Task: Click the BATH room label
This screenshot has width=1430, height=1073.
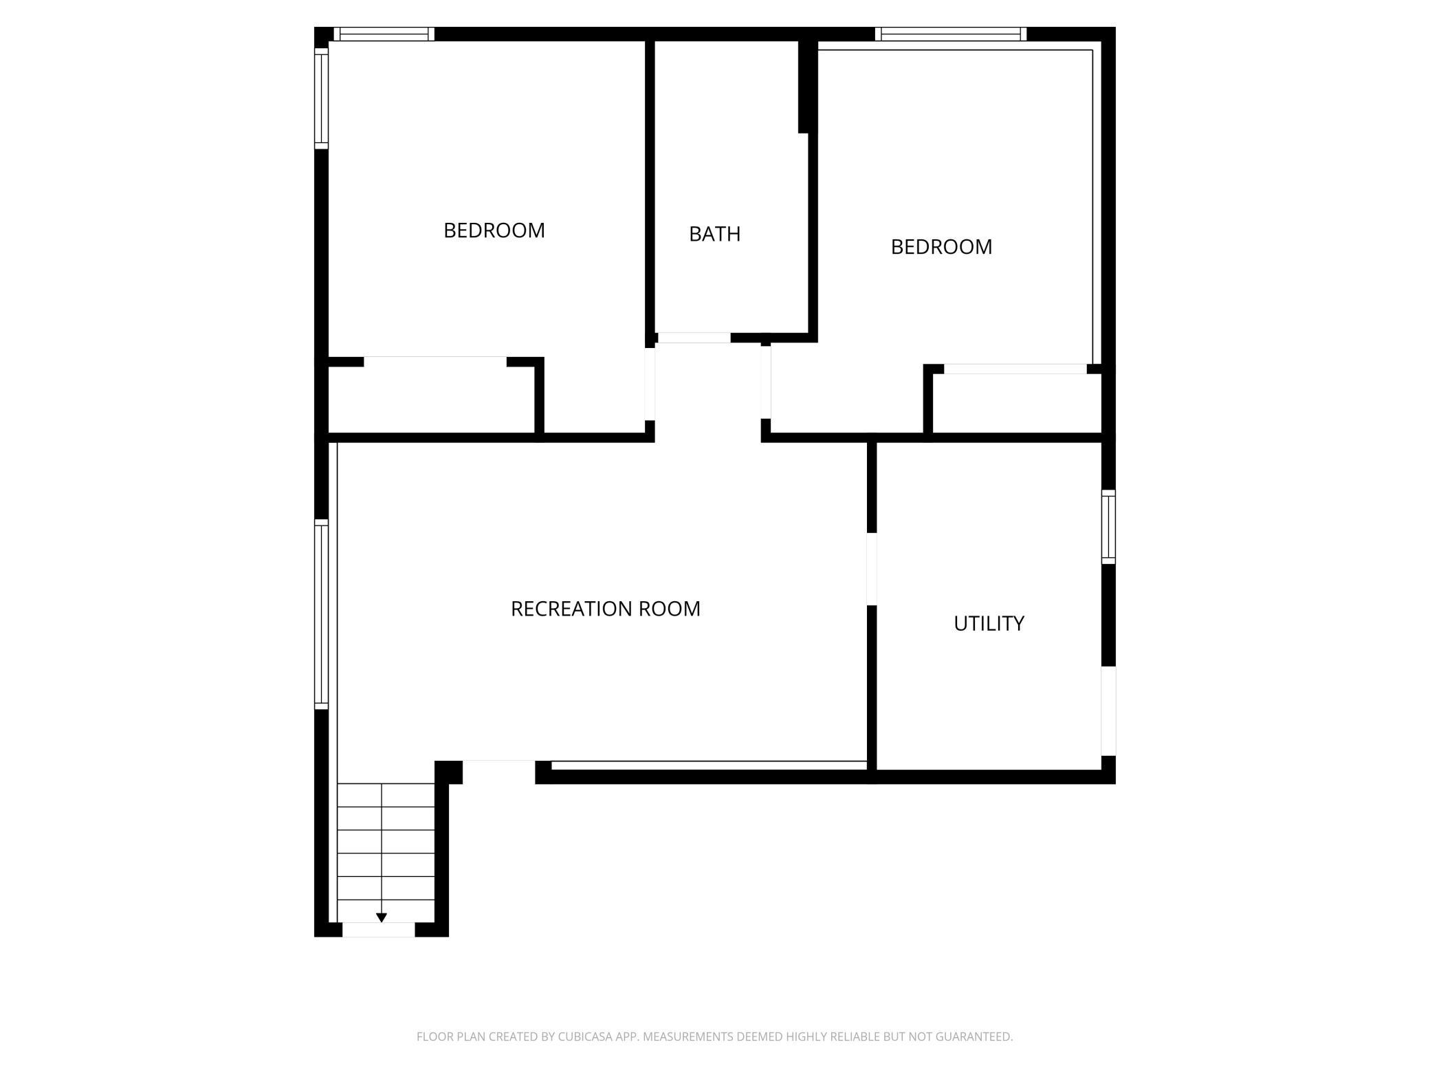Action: (714, 234)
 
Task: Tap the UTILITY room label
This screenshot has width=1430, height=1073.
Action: (989, 623)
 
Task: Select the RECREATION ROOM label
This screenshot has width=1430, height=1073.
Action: (606, 609)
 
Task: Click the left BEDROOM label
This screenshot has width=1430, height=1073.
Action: (494, 230)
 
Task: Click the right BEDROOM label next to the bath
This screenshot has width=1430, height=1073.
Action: (941, 247)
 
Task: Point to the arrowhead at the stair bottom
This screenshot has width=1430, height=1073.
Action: (382, 918)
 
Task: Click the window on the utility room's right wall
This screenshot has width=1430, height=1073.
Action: (1108, 527)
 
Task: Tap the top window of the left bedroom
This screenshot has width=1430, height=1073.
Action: (384, 34)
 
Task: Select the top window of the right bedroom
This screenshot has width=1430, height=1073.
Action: (951, 34)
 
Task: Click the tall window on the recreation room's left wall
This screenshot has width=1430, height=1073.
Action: (321, 614)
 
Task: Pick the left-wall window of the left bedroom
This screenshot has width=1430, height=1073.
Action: (321, 98)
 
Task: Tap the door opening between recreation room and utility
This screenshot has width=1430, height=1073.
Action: (872, 570)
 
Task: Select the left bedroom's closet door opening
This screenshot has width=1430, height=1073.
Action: (435, 362)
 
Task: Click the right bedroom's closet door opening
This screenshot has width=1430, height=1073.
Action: (1015, 369)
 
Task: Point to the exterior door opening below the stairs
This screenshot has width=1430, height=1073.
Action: (379, 930)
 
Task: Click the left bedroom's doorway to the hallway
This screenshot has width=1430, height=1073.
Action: (650, 384)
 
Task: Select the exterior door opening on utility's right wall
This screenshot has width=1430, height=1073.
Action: (1108, 711)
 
